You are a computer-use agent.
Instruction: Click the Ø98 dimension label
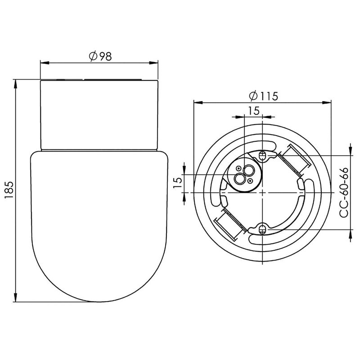click(x=100, y=56)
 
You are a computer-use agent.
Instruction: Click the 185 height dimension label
click(x=9, y=190)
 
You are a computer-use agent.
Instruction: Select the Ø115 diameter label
click(x=264, y=96)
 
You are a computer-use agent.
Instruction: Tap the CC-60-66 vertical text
click(x=344, y=193)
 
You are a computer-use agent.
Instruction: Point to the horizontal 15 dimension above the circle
click(x=254, y=111)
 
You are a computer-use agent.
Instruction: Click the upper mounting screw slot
click(x=262, y=156)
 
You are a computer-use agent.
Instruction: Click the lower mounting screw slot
click(x=262, y=229)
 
